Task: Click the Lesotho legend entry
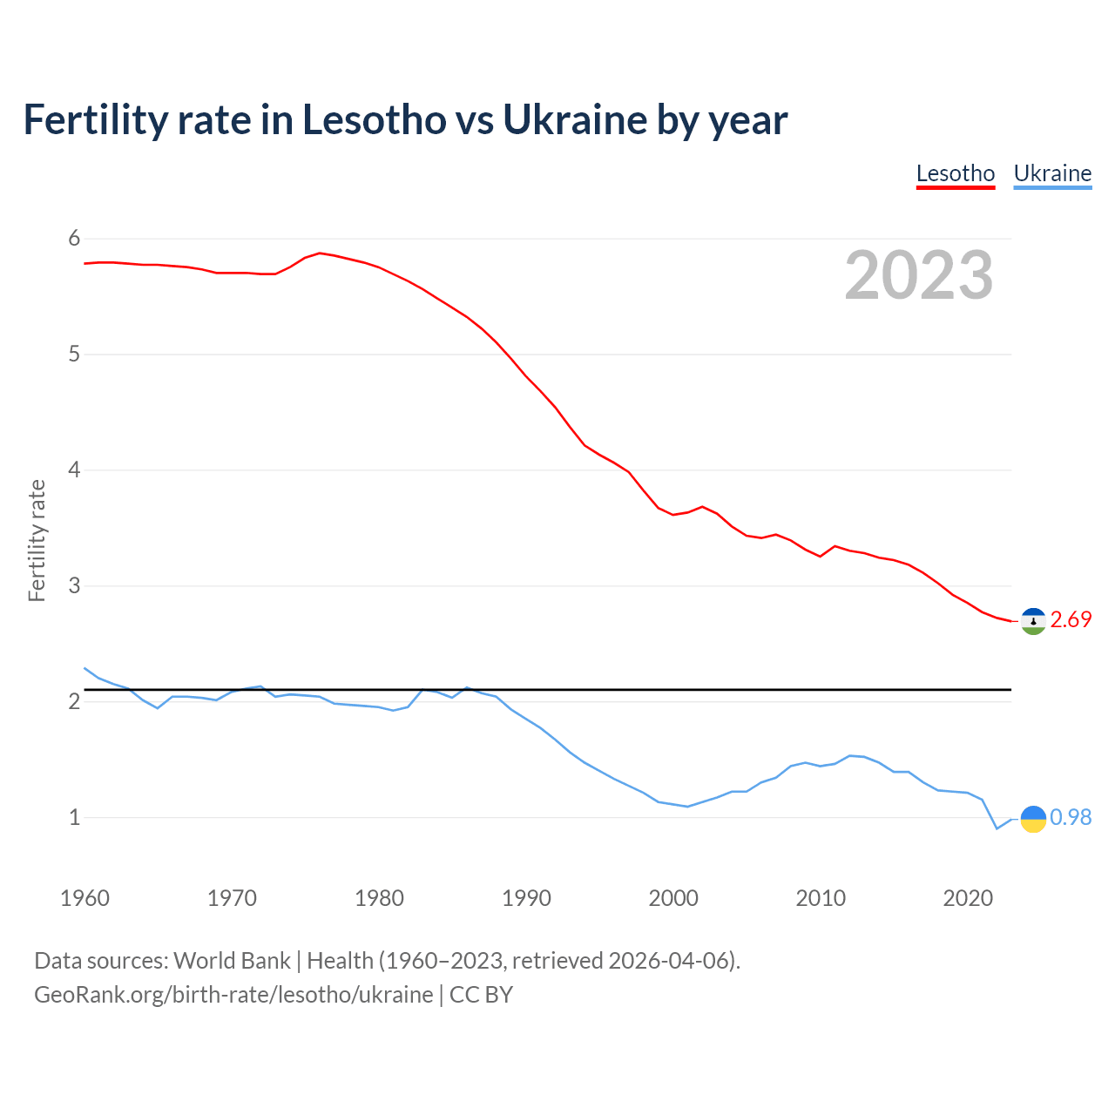tap(955, 173)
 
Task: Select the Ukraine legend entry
tap(1052, 173)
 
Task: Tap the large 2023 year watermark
tap(919, 275)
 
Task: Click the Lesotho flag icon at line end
tap(1033, 620)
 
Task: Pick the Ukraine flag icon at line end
tap(1033, 818)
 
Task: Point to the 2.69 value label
tap(1071, 619)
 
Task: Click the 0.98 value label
tap(1071, 817)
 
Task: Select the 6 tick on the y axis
tap(74, 239)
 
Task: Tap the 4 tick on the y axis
tap(74, 470)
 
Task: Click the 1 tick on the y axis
tap(74, 817)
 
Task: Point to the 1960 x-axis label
tap(84, 898)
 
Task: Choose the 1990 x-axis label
tap(526, 898)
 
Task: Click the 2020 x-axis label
tap(968, 898)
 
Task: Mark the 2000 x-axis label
tap(673, 898)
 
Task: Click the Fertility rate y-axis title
tap(37, 540)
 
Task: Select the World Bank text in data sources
tap(232, 961)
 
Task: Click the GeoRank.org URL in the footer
tap(233, 995)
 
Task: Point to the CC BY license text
tap(481, 995)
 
